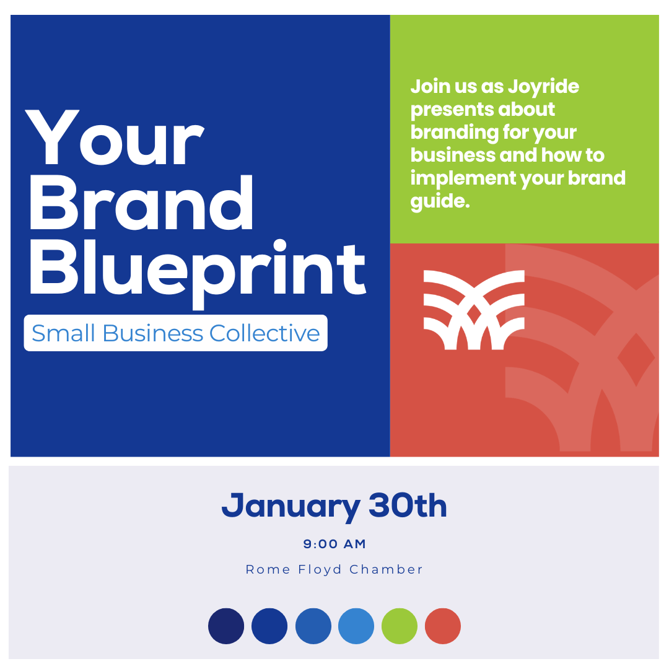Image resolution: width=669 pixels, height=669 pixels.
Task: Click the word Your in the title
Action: click(x=115, y=138)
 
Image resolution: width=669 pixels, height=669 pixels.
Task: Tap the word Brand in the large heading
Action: click(x=141, y=202)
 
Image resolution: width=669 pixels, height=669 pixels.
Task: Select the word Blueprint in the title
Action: click(x=198, y=273)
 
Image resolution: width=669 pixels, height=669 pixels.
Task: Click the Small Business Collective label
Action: click(x=176, y=333)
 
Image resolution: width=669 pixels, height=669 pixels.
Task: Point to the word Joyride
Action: click(x=543, y=87)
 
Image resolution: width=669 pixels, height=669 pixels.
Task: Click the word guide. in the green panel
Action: click(x=440, y=201)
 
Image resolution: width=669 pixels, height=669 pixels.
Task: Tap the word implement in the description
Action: click(x=463, y=178)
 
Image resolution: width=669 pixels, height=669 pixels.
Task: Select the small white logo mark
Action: click(x=474, y=310)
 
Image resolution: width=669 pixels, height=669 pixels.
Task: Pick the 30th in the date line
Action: click(x=408, y=505)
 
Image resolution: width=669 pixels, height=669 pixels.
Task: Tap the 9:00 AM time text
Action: click(x=334, y=544)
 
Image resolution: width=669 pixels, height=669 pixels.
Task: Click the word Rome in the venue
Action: click(x=268, y=570)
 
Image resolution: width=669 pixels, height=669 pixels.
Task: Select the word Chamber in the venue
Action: click(x=386, y=569)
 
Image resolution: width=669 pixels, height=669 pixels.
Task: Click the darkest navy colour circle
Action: click(x=226, y=626)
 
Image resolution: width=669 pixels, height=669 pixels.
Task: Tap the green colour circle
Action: click(x=400, y=626)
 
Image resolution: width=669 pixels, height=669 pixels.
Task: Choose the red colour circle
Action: click(x=443, y=626)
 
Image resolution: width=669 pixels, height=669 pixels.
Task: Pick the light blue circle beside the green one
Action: click(x=356, y=626)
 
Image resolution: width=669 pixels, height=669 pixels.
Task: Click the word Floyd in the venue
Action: click(x=320, y=570)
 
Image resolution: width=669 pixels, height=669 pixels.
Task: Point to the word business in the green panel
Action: click(x=453, y=155)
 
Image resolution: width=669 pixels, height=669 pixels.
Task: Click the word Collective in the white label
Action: click(x=265, y=333)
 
